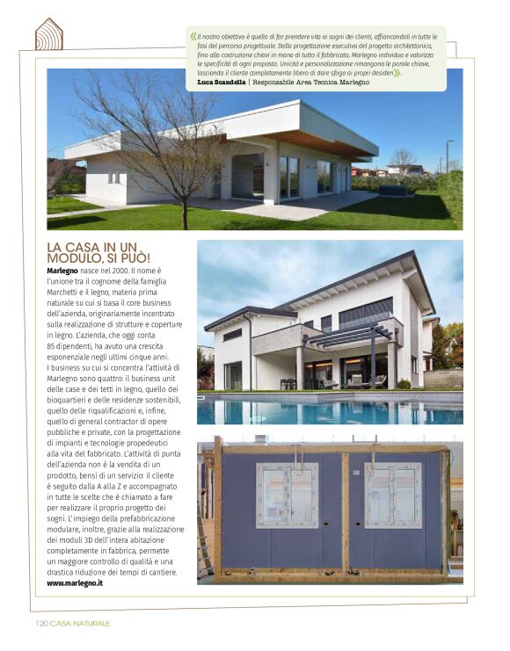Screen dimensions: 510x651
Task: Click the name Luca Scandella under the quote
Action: tap(222, 82)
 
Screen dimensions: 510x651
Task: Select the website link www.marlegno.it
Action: tap(76, 582)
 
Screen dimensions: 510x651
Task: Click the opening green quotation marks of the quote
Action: tap(193, 38)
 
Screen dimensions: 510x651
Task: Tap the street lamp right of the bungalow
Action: tap(448, 155)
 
